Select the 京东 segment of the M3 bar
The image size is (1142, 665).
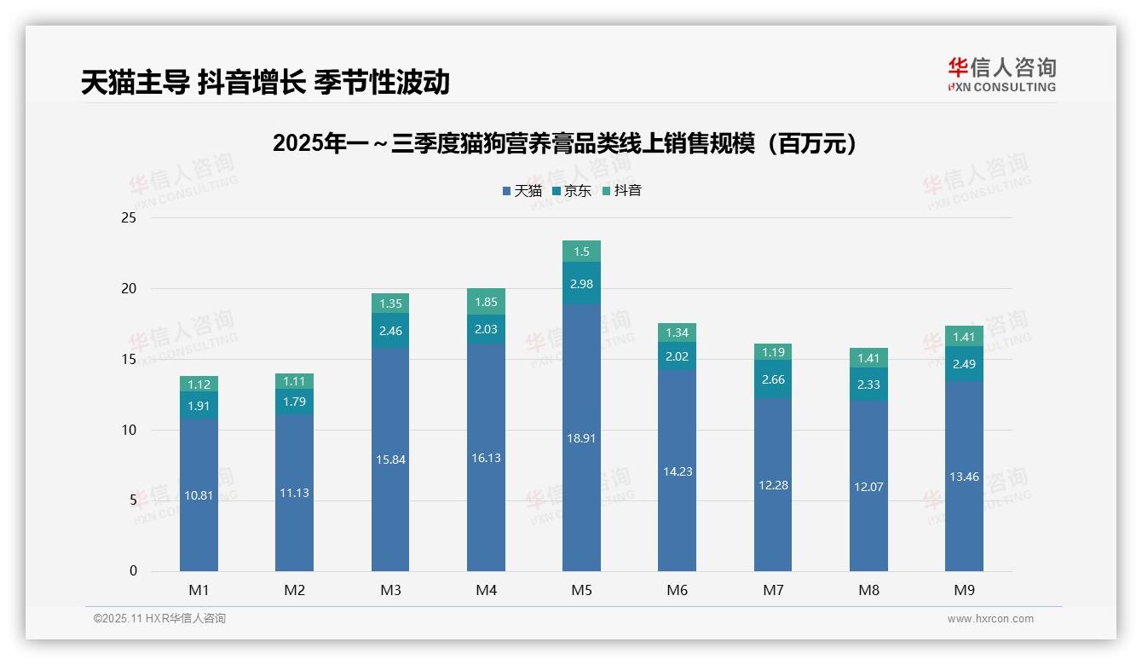click(x=390, y=330)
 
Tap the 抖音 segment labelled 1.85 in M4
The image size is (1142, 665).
click(x=486, y=302)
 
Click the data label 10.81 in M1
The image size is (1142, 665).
click(x=199, y=494)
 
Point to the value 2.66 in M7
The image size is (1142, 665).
click(x=773, y=379)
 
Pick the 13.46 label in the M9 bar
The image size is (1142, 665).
click(x=964, y=477)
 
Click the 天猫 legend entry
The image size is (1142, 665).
click(x=522, y=191)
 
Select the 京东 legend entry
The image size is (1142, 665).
click(x=572, y=191)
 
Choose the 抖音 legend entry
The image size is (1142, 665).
click(x=622, y=191)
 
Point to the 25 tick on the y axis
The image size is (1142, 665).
click(x=129, y=218)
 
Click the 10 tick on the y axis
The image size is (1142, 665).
click(x=129, y=430)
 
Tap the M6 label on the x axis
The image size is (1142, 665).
click(x=678, y=590)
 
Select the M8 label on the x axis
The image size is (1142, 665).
click(x=868, y=590)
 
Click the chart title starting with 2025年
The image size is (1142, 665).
click(x=565, y=143)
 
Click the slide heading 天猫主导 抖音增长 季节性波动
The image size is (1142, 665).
click(x=265, y=82)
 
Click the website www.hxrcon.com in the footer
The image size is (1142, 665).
click(x=990, y=619)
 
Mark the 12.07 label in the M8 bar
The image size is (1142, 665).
click(x=868, y=487)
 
